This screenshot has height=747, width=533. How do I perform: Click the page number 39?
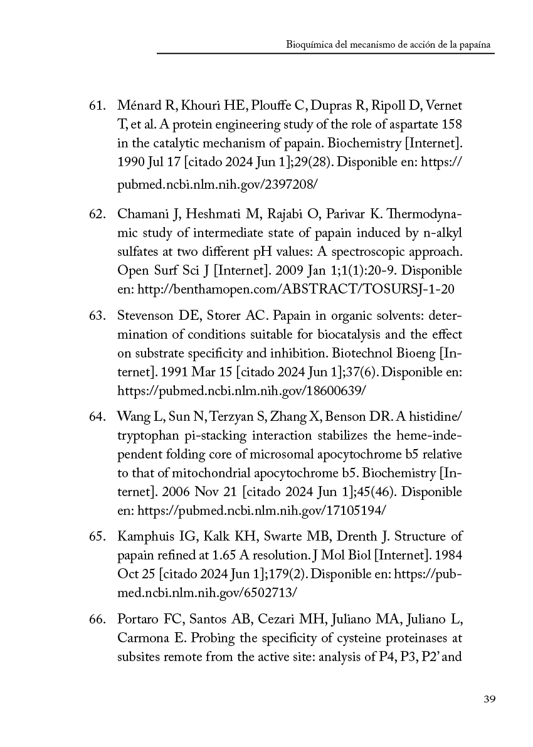490,699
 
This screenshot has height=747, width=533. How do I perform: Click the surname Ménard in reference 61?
136,104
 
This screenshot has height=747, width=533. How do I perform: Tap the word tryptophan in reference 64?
146,435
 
